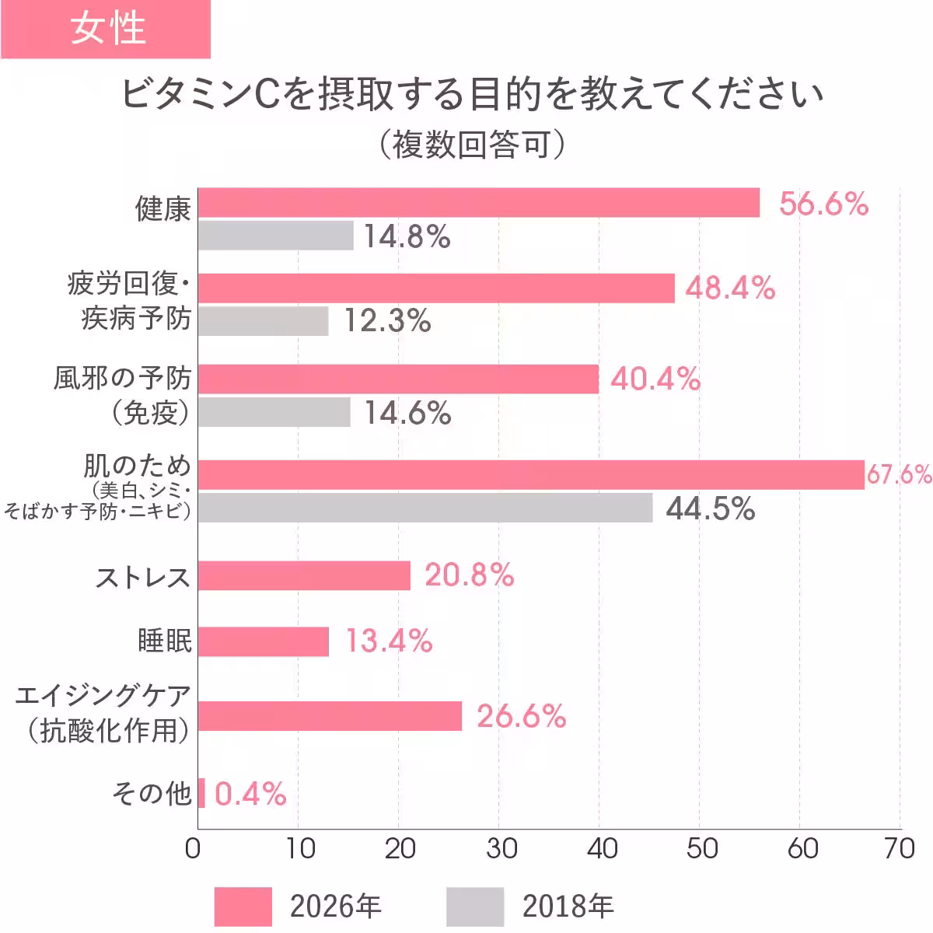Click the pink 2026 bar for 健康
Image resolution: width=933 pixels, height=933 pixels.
click(478, 203)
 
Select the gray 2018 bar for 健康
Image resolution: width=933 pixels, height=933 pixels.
click(275, 236)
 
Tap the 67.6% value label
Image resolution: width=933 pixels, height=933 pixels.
click(899, 474)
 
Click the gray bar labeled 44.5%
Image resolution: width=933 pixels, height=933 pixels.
click(425, 508)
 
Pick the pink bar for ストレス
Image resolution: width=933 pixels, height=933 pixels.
click(303, 576)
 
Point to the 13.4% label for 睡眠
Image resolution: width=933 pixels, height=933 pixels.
click(389, 641)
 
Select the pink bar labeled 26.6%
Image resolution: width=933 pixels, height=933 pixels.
click(330, 716)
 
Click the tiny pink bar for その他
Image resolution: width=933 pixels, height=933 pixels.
click(201, 793)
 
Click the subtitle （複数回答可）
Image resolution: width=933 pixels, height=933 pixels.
click(471, 145)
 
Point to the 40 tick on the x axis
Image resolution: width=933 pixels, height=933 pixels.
click(602, 848)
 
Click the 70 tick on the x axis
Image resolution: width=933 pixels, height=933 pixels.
click(900, 848)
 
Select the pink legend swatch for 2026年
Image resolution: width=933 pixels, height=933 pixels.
click(243, 907)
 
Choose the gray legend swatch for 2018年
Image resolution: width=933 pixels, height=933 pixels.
click(475, 907)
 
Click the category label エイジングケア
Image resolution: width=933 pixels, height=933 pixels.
click(103, 695)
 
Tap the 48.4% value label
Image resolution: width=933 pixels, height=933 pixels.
click(730, 288)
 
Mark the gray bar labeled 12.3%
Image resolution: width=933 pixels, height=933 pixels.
click(263, 321)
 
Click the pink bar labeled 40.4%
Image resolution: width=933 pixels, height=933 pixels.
click(398, 379)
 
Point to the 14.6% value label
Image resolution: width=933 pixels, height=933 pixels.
click(407, 413)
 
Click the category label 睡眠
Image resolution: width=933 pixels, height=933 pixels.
click(164, 641)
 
